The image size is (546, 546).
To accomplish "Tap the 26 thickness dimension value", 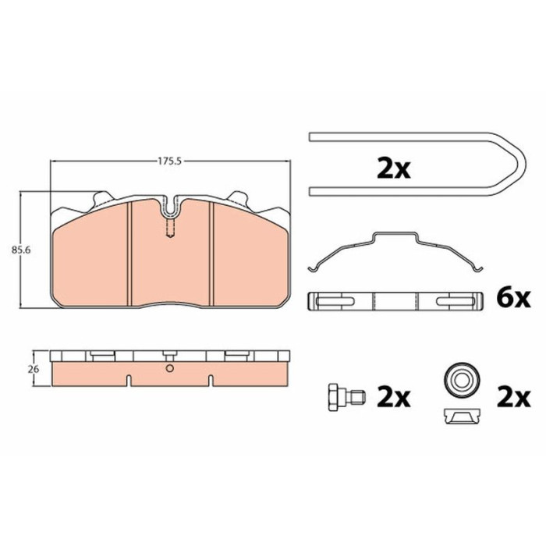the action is (34, 370).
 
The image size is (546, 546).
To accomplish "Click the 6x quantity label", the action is (513, 299).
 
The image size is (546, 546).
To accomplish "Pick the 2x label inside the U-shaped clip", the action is (394, 168).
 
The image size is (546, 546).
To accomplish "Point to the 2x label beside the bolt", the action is (394, 398).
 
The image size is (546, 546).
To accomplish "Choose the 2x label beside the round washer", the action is (514, 398).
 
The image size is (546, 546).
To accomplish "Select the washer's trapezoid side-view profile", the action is (462, 417).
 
